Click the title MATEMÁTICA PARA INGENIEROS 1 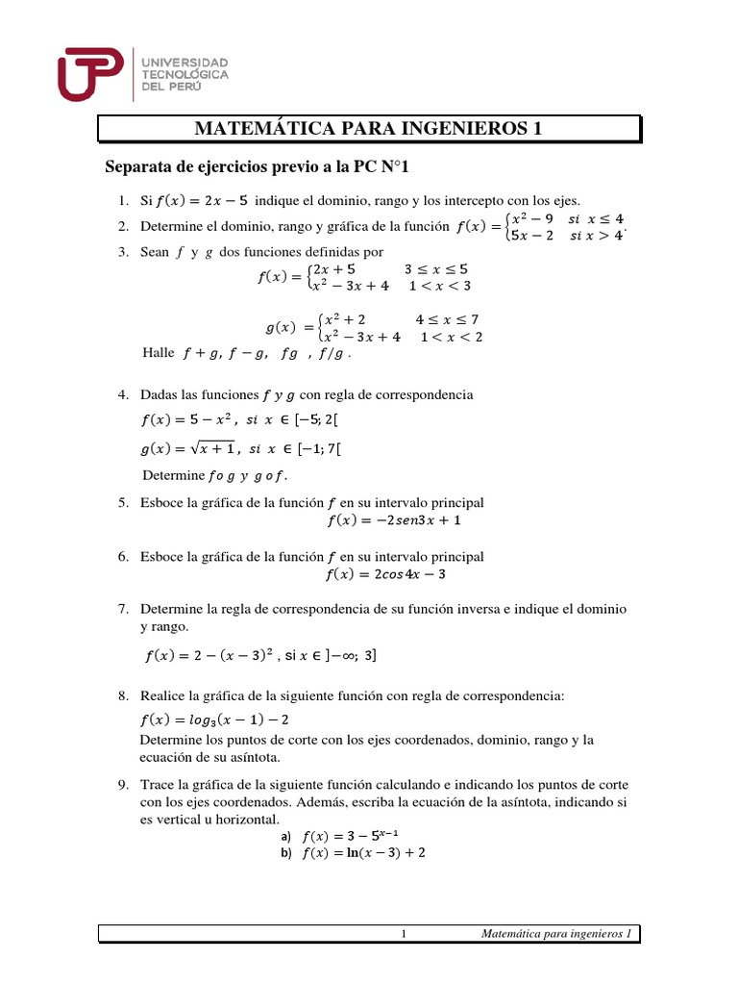click(x=369, y=129)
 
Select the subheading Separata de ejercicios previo click(x=257, y=168)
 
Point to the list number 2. click(x=123, y=227)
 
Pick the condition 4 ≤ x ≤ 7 click(x=447, y=319)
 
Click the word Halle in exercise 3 click(x=158, y=353)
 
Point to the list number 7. click(x=123, y=610)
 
